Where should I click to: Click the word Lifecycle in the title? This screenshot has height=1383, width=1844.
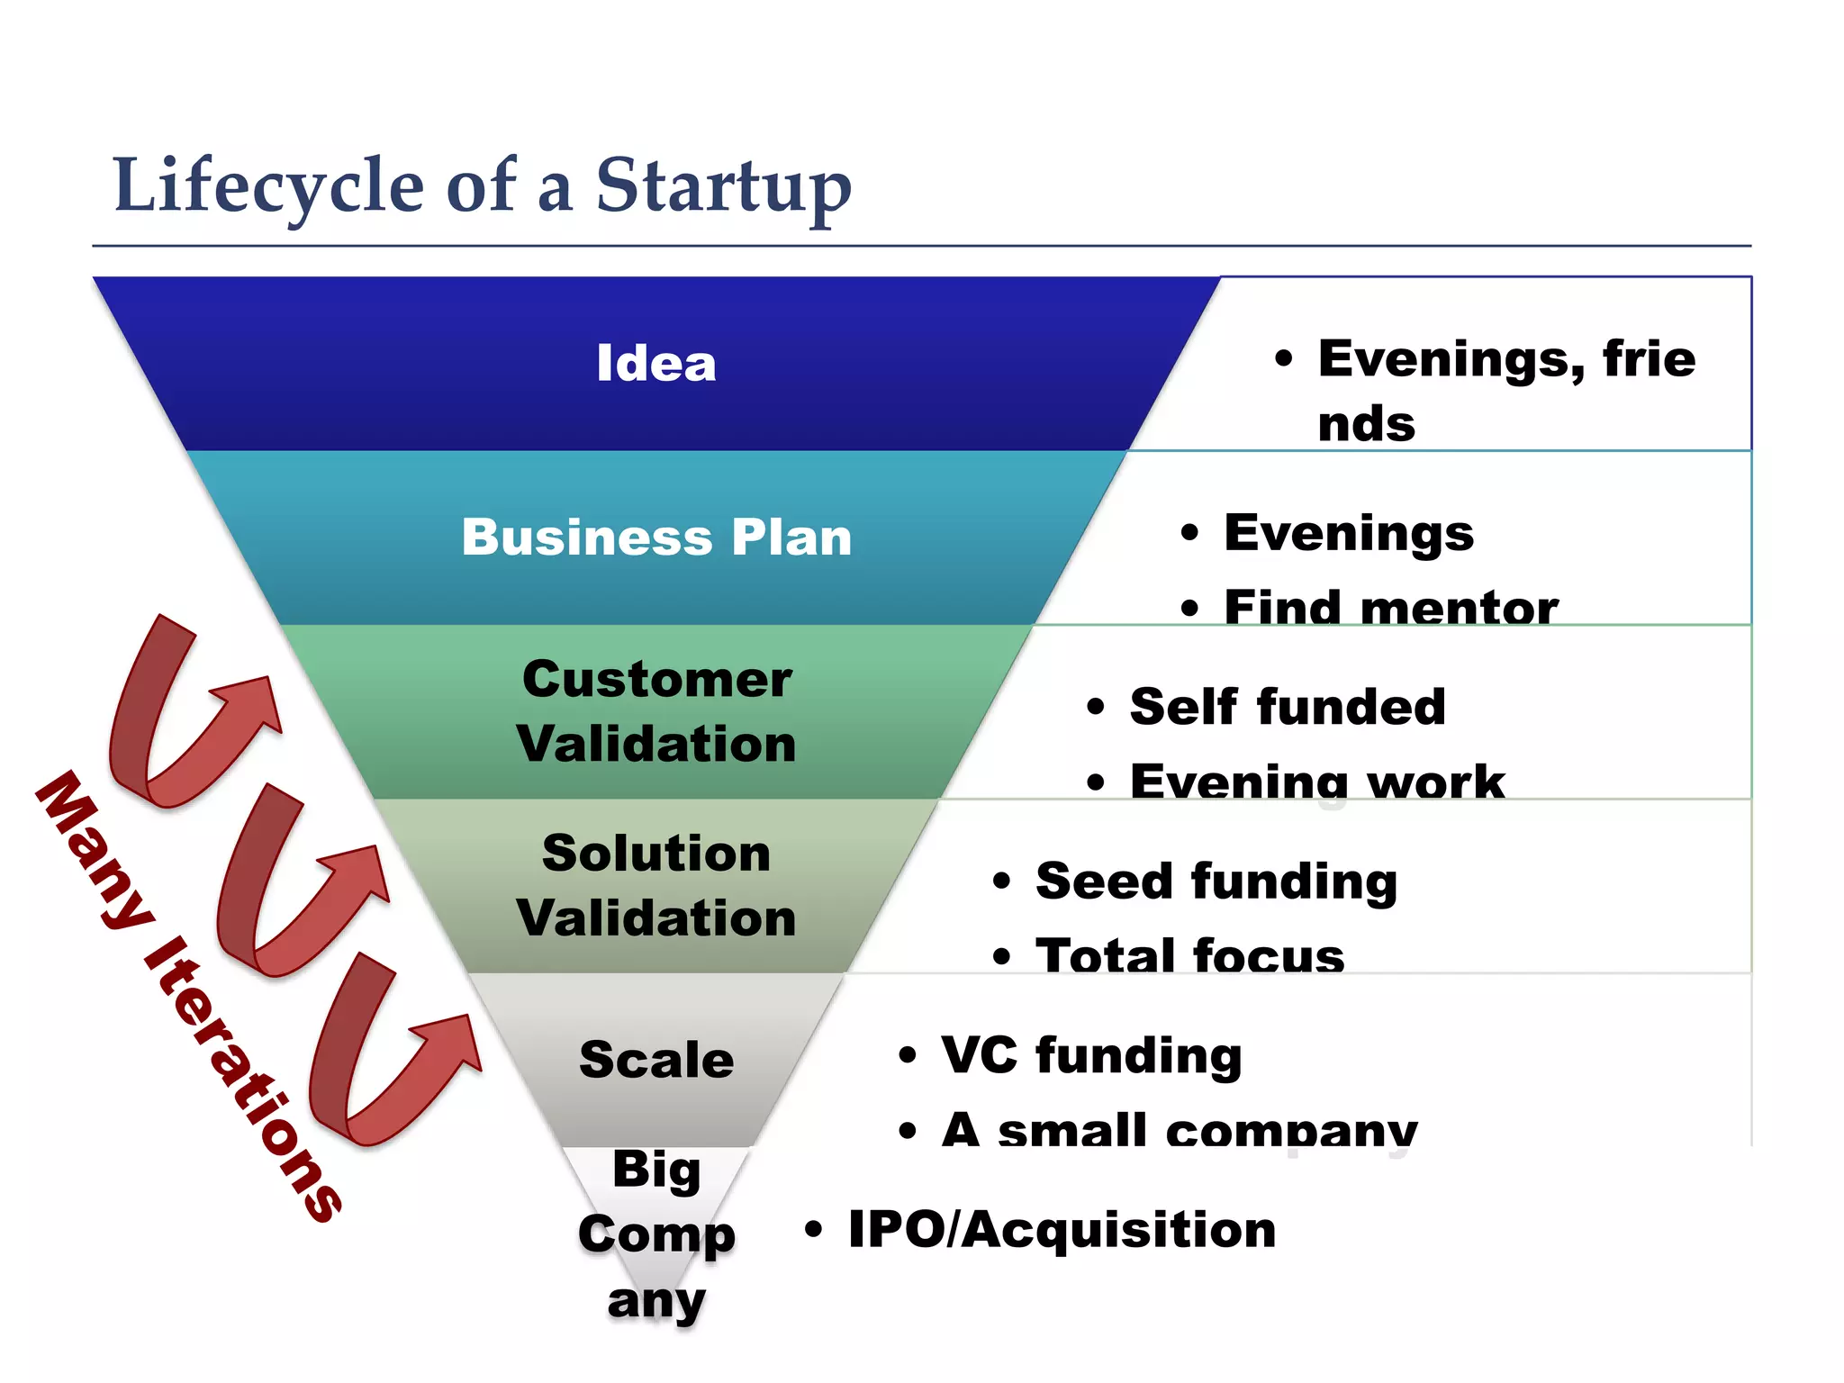[x=268, y=186]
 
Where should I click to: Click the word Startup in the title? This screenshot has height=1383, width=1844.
[x=723, y=186]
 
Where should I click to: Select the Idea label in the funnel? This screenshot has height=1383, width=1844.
[x=656, y=364]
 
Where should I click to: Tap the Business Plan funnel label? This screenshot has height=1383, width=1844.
[x=656, y=538]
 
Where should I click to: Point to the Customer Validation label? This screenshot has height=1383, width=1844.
[x=656, y=711]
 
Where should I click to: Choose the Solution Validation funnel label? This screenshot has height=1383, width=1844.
[x=656, y=885]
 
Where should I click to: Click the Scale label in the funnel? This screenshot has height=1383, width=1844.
[x=656, y=1060]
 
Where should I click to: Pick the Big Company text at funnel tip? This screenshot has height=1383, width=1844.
[x=656, y=1234]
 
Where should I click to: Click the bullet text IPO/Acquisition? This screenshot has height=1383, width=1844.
[x=1062, y=1230]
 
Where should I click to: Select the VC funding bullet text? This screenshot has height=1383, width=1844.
[x=1091, y=1055]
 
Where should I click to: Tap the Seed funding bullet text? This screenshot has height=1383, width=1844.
[x=1216, y=881]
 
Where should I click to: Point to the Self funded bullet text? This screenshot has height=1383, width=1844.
[x=1288, y=707]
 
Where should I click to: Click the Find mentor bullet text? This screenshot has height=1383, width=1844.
[x=1390, y=607]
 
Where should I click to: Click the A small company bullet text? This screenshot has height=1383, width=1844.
[x=1179, y=1129]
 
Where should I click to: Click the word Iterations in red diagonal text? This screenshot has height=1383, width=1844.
[x=243, y=1080]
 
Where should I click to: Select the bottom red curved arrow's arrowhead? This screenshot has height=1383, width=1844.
[x=450, y=1044]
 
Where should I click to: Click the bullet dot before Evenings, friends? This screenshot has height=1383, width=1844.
[x=1283, y=359]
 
